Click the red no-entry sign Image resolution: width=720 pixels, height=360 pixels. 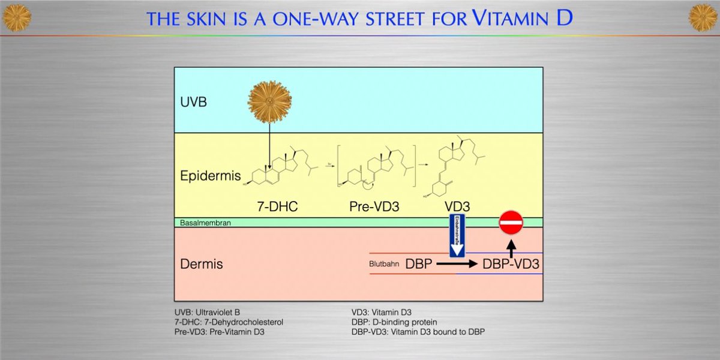tap(511, 223)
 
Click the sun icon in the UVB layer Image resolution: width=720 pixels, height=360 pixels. tap(269, 102)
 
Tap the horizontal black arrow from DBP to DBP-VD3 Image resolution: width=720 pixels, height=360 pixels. tap(456, 263)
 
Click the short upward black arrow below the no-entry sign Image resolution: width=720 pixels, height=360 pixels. tap(511, 246)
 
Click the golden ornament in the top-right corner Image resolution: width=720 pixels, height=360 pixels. tap(703, 17)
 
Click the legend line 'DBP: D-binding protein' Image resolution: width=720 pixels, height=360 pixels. tap(394, 322)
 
